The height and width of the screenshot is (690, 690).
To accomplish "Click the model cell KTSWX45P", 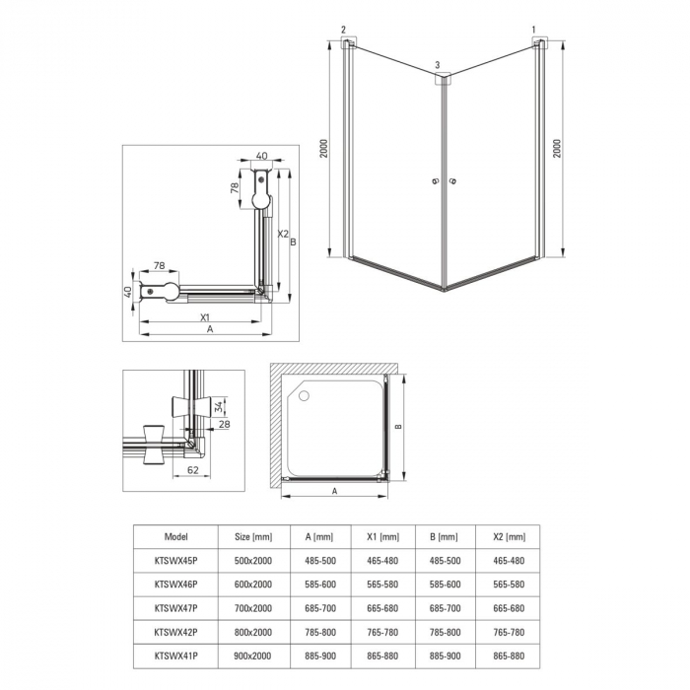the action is (x=175, y=561).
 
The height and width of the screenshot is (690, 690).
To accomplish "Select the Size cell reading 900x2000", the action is (x=253, y=655).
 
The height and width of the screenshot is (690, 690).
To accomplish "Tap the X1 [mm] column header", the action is (x=382, y=537).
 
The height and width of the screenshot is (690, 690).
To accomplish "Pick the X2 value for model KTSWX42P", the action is (x=509, y=632).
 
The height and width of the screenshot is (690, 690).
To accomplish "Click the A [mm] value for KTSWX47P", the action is (x=320, y=608).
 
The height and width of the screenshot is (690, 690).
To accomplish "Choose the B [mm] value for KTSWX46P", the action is (x=445, y=585).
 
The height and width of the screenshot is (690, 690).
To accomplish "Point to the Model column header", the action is (x=175, y=537).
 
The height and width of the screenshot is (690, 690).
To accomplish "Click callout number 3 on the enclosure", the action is (x=437, y=65).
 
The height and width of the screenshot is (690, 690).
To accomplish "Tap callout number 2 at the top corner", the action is (x=343, y=30).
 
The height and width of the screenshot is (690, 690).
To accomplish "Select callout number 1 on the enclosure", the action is (x=534, y=30).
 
